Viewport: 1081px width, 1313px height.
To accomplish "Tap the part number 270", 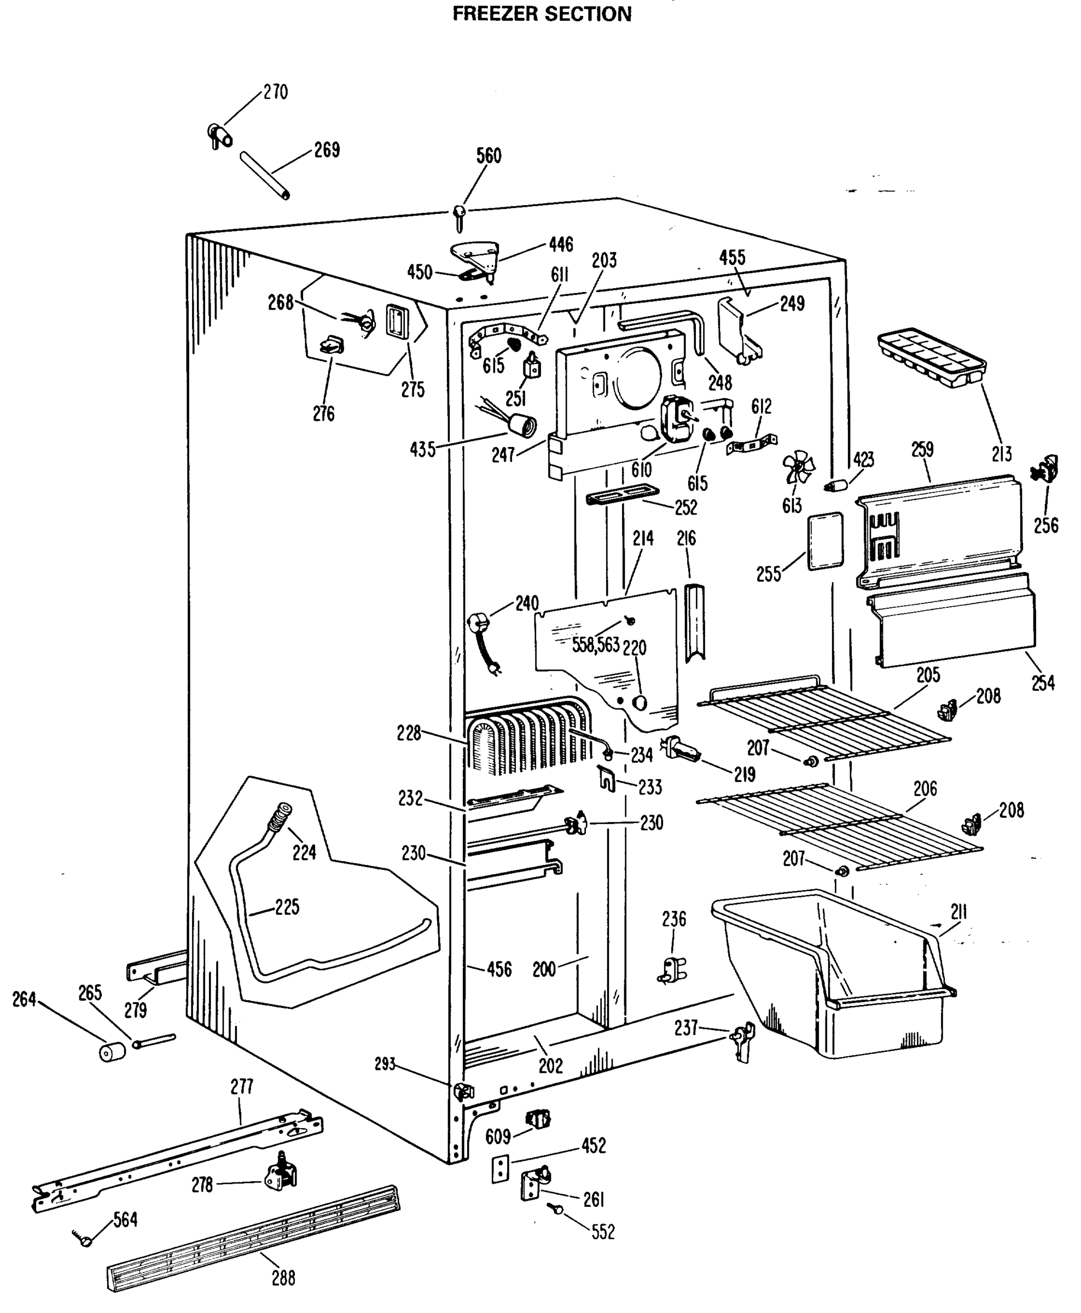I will click(275, 92).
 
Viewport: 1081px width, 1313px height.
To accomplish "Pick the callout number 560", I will click(489, 155).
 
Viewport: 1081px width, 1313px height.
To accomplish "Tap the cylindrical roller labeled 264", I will click(113, 1051).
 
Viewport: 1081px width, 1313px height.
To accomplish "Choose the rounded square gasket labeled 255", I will click(825, 541).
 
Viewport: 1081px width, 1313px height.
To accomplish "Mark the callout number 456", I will click(499, 969).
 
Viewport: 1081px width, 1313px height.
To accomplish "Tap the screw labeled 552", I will click(556, 1209).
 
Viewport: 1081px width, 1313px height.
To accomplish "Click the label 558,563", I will click(596, 645).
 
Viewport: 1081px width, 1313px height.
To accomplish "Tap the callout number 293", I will click(385, 1064).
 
